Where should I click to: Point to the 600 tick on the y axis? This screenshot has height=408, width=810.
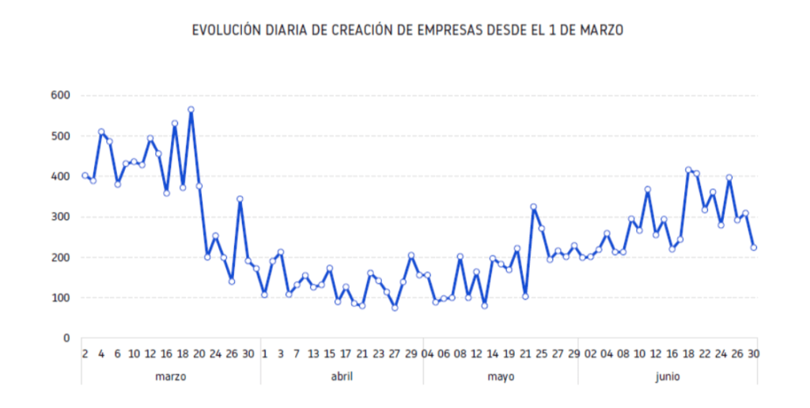coord(61,96)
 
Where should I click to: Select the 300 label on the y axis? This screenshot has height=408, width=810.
coord(61,217)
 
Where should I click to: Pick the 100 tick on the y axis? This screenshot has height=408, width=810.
coord(61,298)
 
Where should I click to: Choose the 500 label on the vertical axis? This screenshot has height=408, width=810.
coord(61,136)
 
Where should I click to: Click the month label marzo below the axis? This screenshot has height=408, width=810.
coord(170,377)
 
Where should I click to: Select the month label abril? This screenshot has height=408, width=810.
coord(342,377)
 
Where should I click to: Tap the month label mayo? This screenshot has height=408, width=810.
coord(501,377)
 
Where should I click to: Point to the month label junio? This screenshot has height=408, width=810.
coord(667,377)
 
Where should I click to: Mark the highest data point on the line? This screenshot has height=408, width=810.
coord(191,110)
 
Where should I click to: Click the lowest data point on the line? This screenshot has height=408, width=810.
coord(395,308)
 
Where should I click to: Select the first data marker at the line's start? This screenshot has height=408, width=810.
coord(85,176)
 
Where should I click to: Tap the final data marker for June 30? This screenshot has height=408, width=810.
coord(754,247)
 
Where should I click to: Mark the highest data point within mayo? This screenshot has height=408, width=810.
coord(533,207)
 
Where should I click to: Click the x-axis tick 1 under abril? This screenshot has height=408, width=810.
coord(264,354)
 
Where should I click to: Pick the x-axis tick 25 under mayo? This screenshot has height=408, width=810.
coord(541,354)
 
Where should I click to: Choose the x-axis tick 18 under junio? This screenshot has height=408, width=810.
coord(688,354)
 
